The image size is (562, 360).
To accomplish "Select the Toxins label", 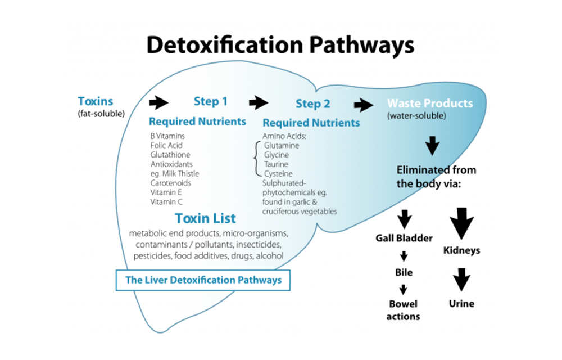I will click(x=96, y=102).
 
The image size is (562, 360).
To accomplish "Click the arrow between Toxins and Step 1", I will click(x=158, y=102).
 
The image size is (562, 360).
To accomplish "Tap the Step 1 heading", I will click(x=211, y=101).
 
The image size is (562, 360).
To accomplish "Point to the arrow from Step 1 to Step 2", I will click(x=259, y=102).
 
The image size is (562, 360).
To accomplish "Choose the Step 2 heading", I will click(x=313, y=104).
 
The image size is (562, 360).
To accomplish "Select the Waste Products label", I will click(x=430, y=103).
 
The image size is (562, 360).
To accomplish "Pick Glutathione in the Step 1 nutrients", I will click(x=170, y=155).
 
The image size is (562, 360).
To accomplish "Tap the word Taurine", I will click(x=276, y=164).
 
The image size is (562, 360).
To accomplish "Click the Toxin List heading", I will click(x=205, y=218).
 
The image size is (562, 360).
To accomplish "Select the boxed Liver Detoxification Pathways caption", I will click(x=203, y=280).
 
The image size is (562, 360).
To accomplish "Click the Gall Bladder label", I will click(x=404, y=238).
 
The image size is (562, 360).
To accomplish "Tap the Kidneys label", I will click(x=461, y=250).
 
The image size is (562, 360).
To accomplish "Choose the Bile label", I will click(x=404, y=272).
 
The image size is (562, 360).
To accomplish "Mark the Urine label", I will click(x=461, y=304).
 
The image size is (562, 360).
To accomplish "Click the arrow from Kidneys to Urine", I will click(x=461, y=278).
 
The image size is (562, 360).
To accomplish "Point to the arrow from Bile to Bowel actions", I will click(x=404, y=290).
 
